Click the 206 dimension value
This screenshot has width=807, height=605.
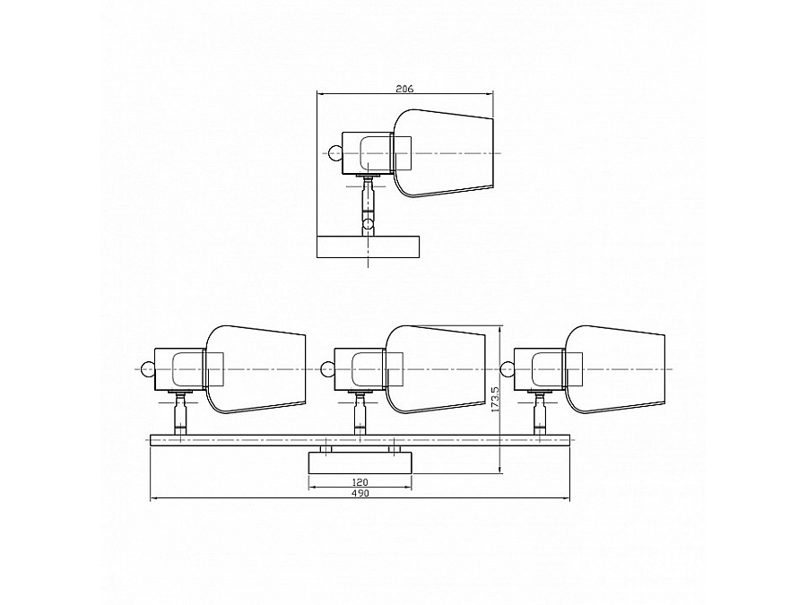click(x=404, y=89)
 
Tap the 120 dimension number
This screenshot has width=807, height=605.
click(x=360, y=482)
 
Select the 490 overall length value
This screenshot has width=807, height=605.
click(x=360, y=493)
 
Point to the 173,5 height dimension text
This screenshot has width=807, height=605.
click(x=496, y=399)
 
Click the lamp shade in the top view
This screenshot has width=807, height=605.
click(x=443, y=152)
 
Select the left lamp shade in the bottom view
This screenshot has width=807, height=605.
click(x=256, y=369)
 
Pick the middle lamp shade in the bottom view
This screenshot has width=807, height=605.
click(x=436, y=369)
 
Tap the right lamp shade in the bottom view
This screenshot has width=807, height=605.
click(x=614, y=369)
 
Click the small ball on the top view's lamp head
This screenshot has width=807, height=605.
click(x=335, y=153)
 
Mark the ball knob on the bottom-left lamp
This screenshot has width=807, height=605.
click(x=148, y=369)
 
